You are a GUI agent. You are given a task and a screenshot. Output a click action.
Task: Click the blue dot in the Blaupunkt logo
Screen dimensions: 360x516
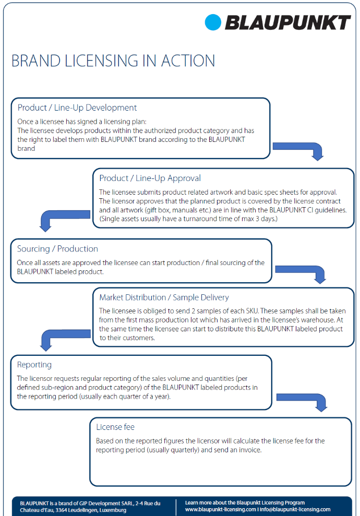(213, 22)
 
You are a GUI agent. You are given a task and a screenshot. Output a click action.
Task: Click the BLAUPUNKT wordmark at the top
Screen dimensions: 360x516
(287, 23)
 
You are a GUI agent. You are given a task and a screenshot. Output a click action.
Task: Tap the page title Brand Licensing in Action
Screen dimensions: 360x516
(113, 61)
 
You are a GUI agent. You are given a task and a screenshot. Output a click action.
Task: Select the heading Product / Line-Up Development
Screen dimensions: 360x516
(77, 107)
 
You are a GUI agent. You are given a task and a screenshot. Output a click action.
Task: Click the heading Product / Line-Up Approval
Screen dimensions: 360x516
(150, 178)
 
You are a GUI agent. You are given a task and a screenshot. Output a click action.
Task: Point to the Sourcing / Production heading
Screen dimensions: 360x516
(57, 248)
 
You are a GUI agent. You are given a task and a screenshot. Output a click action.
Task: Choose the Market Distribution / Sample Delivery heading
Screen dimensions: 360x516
(164, 297)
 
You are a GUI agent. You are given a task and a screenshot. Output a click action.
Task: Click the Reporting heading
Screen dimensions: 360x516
(34, 365)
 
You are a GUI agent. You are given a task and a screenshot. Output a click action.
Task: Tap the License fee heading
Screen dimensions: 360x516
(115, 427)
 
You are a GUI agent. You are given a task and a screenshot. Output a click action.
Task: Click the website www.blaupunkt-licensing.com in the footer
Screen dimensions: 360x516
(220, 509)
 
